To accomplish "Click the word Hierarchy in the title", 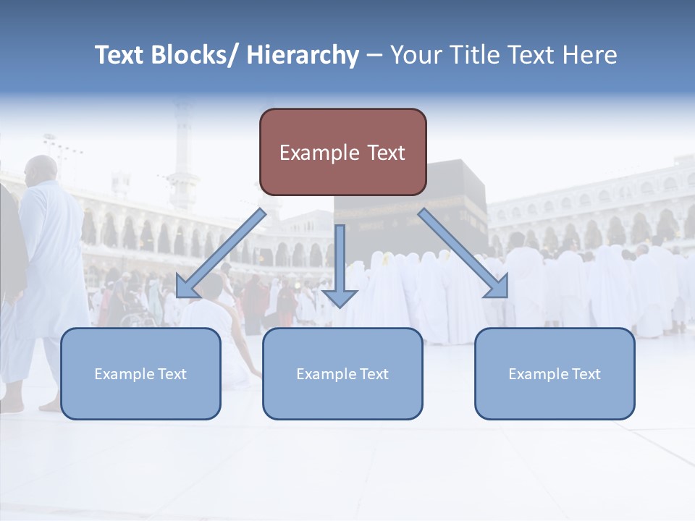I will point(303,55).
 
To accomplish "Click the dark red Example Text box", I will point(342,152).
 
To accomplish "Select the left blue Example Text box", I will point(140,373).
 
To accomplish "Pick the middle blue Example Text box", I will point(342,373).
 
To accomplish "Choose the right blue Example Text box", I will point(555,373).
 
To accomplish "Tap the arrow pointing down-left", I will point(221,253).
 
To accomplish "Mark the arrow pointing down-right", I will point(463,253).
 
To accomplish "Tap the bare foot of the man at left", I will point(51,406).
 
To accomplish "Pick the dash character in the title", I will point(374,55).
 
